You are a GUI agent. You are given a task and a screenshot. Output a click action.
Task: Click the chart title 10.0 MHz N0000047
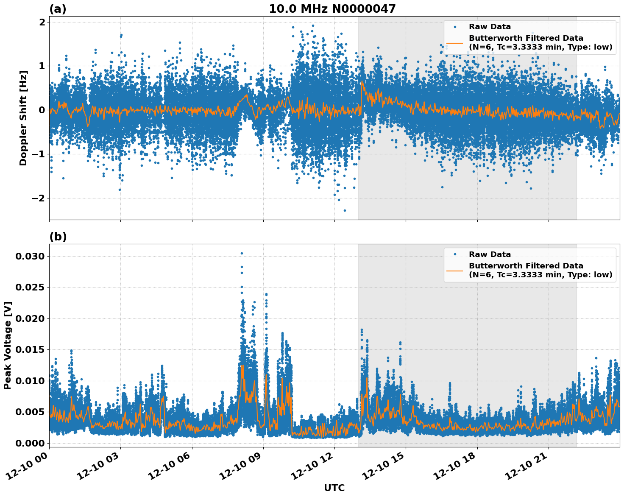(332, 9)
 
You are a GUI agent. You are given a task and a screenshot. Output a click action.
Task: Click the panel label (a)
(58, 9)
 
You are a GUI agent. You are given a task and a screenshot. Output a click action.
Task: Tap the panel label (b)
(58, 237)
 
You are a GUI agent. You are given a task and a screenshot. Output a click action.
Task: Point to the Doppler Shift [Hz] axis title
(23, 118)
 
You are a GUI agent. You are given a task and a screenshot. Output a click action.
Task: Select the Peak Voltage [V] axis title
(8, 345)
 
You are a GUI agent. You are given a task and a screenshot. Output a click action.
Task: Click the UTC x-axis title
(334, 488)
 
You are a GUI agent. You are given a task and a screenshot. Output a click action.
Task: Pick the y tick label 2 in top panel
(42, 22)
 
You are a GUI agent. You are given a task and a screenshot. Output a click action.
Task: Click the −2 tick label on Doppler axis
(39, 198)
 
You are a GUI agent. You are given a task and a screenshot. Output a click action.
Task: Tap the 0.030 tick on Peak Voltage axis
(29, 256)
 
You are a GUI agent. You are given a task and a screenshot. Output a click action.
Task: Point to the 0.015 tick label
(29, 349)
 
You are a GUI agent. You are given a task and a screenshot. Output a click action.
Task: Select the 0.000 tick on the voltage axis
(29, 443)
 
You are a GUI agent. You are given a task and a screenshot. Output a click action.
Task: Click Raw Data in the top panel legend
(490, 27)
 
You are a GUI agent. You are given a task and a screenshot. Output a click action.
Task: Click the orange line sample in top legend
(454, 42)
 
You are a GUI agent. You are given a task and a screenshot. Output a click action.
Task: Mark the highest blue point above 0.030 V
(242, 253)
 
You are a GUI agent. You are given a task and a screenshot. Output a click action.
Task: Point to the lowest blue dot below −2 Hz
(345, 210)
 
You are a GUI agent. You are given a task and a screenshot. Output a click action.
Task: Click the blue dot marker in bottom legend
(454, 254)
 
